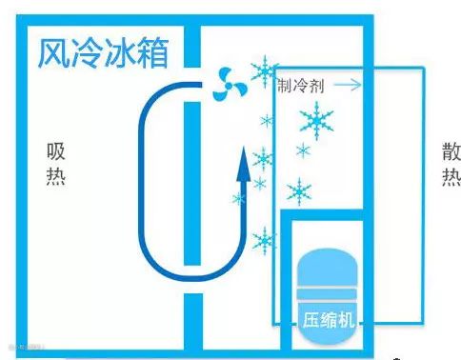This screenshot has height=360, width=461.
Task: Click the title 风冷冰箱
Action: coord(103,52)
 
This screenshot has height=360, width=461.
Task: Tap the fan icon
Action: coord(230,84)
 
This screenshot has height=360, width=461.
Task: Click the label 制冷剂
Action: coord(301,86)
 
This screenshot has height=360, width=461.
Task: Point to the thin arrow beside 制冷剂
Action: coord(348,85)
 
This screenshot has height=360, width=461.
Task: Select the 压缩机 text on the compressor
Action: coord(328,319)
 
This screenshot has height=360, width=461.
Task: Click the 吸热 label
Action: coord(56,164)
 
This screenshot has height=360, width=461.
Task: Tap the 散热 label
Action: coord(451,164)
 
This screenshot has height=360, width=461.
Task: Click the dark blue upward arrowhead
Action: coord(244,164)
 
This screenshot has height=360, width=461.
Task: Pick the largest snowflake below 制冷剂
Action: coord(316,121)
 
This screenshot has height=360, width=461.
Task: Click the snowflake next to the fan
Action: coord(265,71)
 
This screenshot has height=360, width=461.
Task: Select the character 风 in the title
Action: coord(53,53)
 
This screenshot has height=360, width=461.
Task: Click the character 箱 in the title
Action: coord(153,52)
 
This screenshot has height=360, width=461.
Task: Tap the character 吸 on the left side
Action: coord(56,151)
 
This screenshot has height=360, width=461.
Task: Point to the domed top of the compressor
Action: coord(328,268)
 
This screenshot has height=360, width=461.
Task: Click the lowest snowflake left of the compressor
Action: coord(264,241)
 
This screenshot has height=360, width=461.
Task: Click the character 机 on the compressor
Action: coord(346,319)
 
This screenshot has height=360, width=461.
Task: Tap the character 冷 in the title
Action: coord(87,52)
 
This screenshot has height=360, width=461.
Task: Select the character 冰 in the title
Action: coord(120,52)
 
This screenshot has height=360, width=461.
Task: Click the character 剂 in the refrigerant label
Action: coord(316,86)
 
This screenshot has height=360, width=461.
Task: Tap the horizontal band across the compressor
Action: coord(328,293)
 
